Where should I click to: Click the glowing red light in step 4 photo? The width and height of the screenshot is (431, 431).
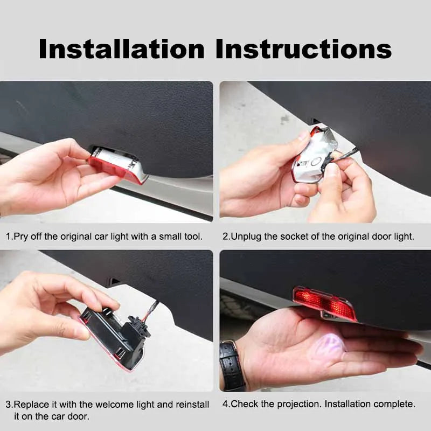click(x=324, y=303)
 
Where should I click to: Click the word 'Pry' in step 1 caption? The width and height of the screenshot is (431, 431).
click(x=22, y=237)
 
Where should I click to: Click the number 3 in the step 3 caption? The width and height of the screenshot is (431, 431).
click(x=9, y=404)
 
